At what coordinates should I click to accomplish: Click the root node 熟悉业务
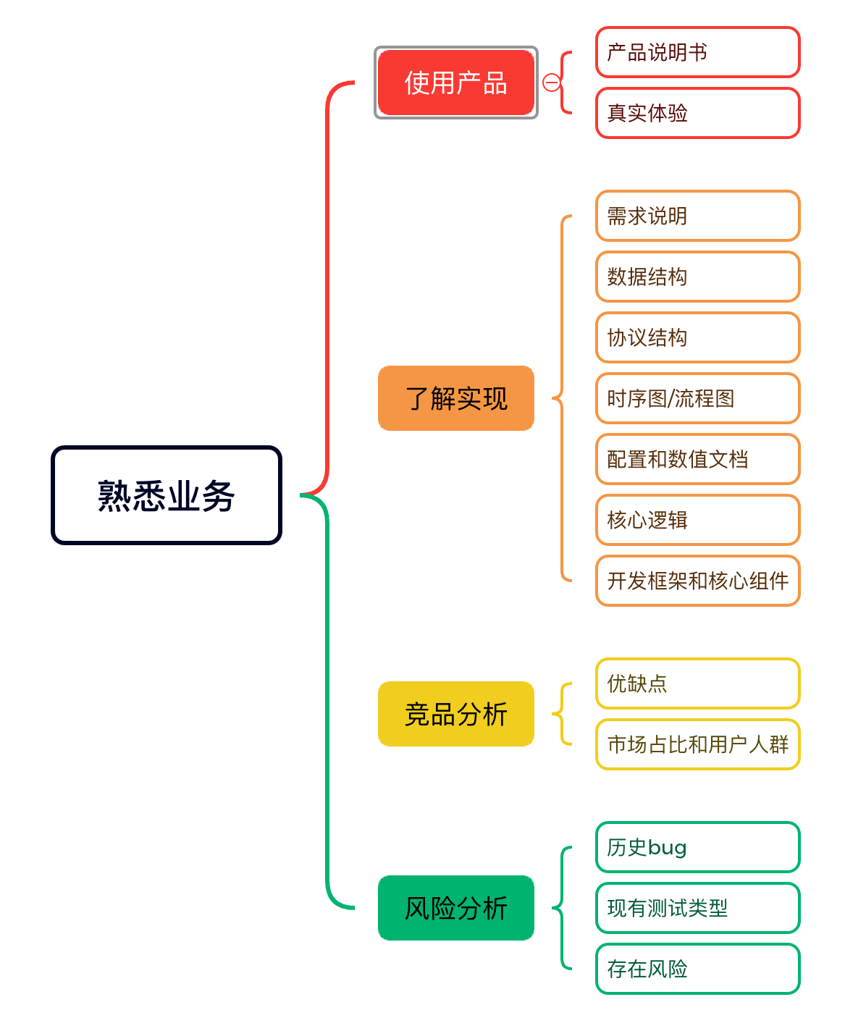point(167,495)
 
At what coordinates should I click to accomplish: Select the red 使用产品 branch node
point(455,83)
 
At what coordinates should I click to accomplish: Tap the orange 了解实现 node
point(455,398)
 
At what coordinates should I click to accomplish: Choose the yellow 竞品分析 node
point(455,714)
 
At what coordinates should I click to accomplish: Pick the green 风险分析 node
point(455,908)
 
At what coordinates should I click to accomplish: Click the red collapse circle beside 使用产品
point(551,83)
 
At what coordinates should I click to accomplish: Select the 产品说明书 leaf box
point(697,52)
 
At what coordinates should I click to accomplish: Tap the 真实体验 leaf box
point(697,113)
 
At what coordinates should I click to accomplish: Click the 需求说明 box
point(697,216)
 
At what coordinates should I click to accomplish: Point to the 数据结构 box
point(697,277)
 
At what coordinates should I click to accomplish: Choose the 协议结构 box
point(697,337)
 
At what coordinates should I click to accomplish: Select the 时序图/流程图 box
point(697,398)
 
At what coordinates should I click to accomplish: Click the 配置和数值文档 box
point(697,459)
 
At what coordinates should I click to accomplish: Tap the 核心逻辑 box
point(697,520)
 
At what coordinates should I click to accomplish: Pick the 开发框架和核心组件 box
point(697,581)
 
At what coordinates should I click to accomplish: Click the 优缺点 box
point(697,683)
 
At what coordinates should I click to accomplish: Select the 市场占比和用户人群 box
point(697,744)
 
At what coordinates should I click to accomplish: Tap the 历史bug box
point(697,847)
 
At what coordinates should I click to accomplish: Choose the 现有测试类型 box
point(697,908)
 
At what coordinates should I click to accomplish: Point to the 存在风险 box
point(697,969)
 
